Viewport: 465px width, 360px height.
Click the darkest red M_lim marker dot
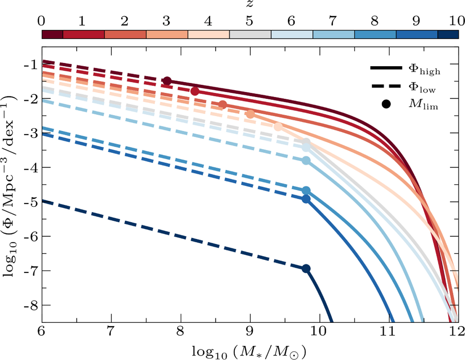(167, 81)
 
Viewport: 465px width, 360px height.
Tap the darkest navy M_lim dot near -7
(306, 269)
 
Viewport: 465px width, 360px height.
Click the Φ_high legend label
(425, 70)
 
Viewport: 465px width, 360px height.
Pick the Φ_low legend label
(424, 88)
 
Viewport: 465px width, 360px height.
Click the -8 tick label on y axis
(31, 305)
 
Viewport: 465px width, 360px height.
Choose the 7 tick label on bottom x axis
(112, 332)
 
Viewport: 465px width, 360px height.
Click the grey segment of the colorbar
(250, 34)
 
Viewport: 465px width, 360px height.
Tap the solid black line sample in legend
(386, 69)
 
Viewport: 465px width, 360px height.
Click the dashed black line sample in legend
(386, 87)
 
